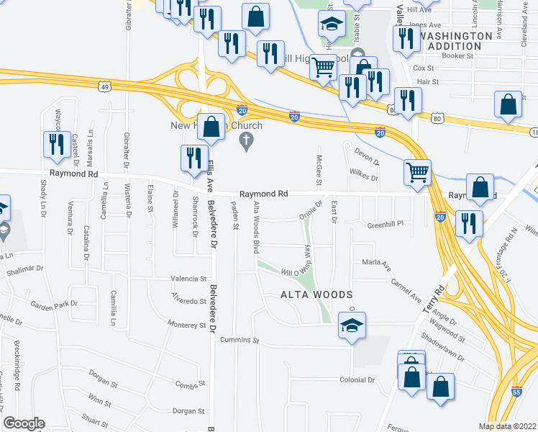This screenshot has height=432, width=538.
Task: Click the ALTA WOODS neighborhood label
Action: [316, 295]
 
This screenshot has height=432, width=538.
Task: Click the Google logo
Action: [24, 423]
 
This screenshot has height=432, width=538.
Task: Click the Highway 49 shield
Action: [105, 87]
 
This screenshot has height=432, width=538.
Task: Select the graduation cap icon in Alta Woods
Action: [352, 325]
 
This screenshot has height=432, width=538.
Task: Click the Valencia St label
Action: [188, 279]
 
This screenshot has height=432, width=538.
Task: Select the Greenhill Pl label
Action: [386, 224]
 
